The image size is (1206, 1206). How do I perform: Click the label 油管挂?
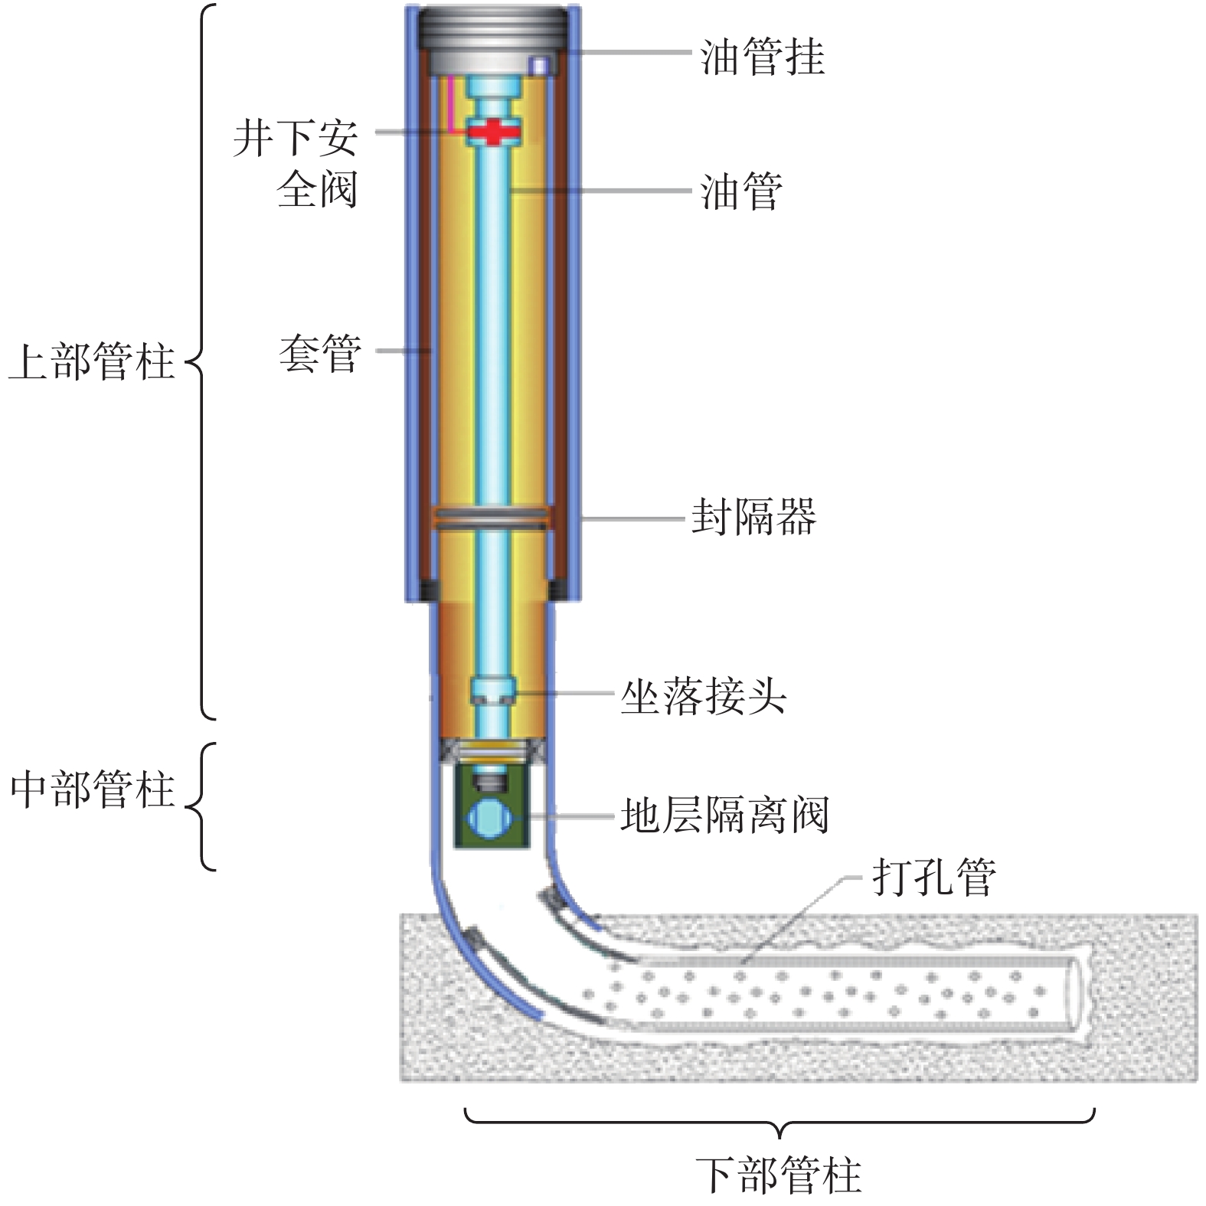pyautogui.click(x=763, y=57)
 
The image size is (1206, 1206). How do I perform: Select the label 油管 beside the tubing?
pyautogui.click(x=741, y=191)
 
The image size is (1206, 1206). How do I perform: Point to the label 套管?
pyautogui.click(x=319, y=353)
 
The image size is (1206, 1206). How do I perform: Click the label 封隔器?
pyautogui.click(x=753, y=516)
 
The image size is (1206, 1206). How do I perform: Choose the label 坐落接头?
pyautogui.click(x=703, y=696)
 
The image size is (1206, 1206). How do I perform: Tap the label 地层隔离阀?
pyautogui.click(x=724, y=815)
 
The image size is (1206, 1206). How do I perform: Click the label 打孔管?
pyautogui.click(x=933, y=876)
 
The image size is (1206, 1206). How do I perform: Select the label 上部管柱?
pyautogui.click(x=91, y=361)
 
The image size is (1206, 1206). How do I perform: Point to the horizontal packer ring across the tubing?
pyautogui.click(x=492, y=518)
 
